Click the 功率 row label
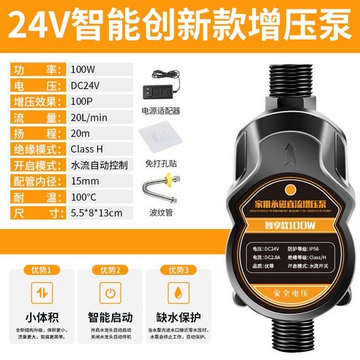[x=37, y=70]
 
